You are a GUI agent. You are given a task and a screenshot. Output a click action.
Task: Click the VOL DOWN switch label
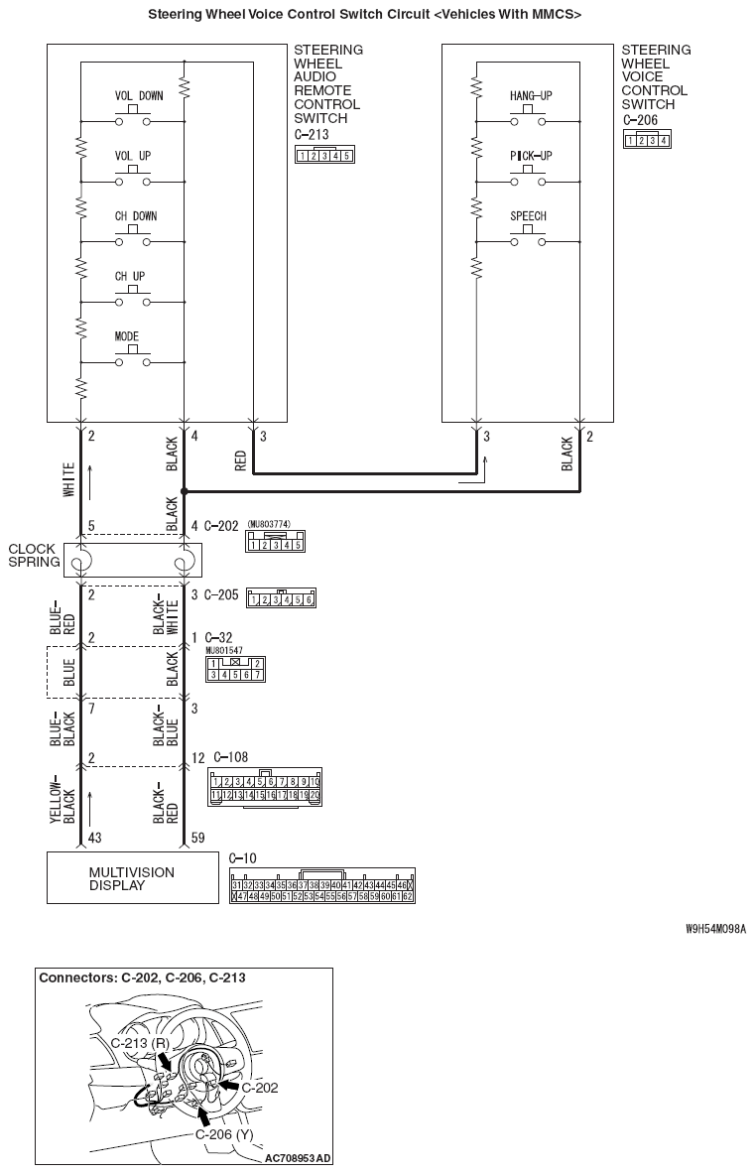coord(139,96)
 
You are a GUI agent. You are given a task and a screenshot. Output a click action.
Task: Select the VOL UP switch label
coord(133,156)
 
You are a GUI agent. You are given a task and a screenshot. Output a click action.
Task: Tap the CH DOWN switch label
coord(136,216)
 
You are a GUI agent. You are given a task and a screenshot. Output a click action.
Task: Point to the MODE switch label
coord(127,336)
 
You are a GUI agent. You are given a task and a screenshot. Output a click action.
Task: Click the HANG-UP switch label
coord(530,95)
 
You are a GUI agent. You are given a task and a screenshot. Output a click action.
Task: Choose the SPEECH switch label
coord(528,216)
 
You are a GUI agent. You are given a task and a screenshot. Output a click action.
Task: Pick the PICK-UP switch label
coord(530,156)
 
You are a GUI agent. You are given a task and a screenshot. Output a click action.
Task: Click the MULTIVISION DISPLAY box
coord(133,878)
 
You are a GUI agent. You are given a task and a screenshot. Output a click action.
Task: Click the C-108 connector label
coord(229,757)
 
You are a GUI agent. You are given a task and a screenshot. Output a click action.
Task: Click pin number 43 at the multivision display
coord(94,839)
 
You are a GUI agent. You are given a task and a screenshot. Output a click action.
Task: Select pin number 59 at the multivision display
coord(198,839)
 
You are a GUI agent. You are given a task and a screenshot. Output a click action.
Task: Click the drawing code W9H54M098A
coord(714,930)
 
